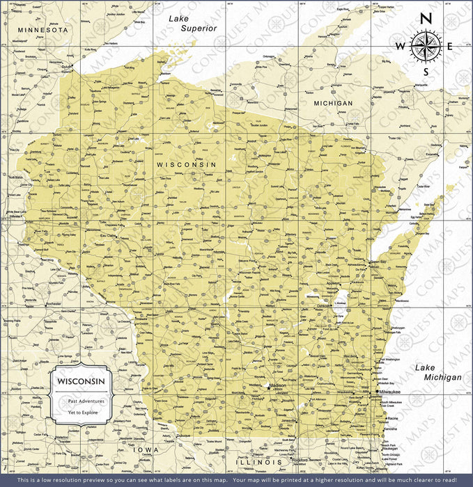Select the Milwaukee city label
pos(392,392)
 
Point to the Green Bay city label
pos(378,262)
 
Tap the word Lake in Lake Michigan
pos(426,367)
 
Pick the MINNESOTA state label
pos(43,30)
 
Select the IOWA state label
pos(147,450)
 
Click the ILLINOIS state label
pos(259,461)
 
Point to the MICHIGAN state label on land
pos(333,103)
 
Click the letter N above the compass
pos(427,19)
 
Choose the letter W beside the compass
pos(400,46)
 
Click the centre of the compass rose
pos(426,46)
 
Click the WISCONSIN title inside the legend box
pos(82,382)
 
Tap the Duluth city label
pos(67,67)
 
